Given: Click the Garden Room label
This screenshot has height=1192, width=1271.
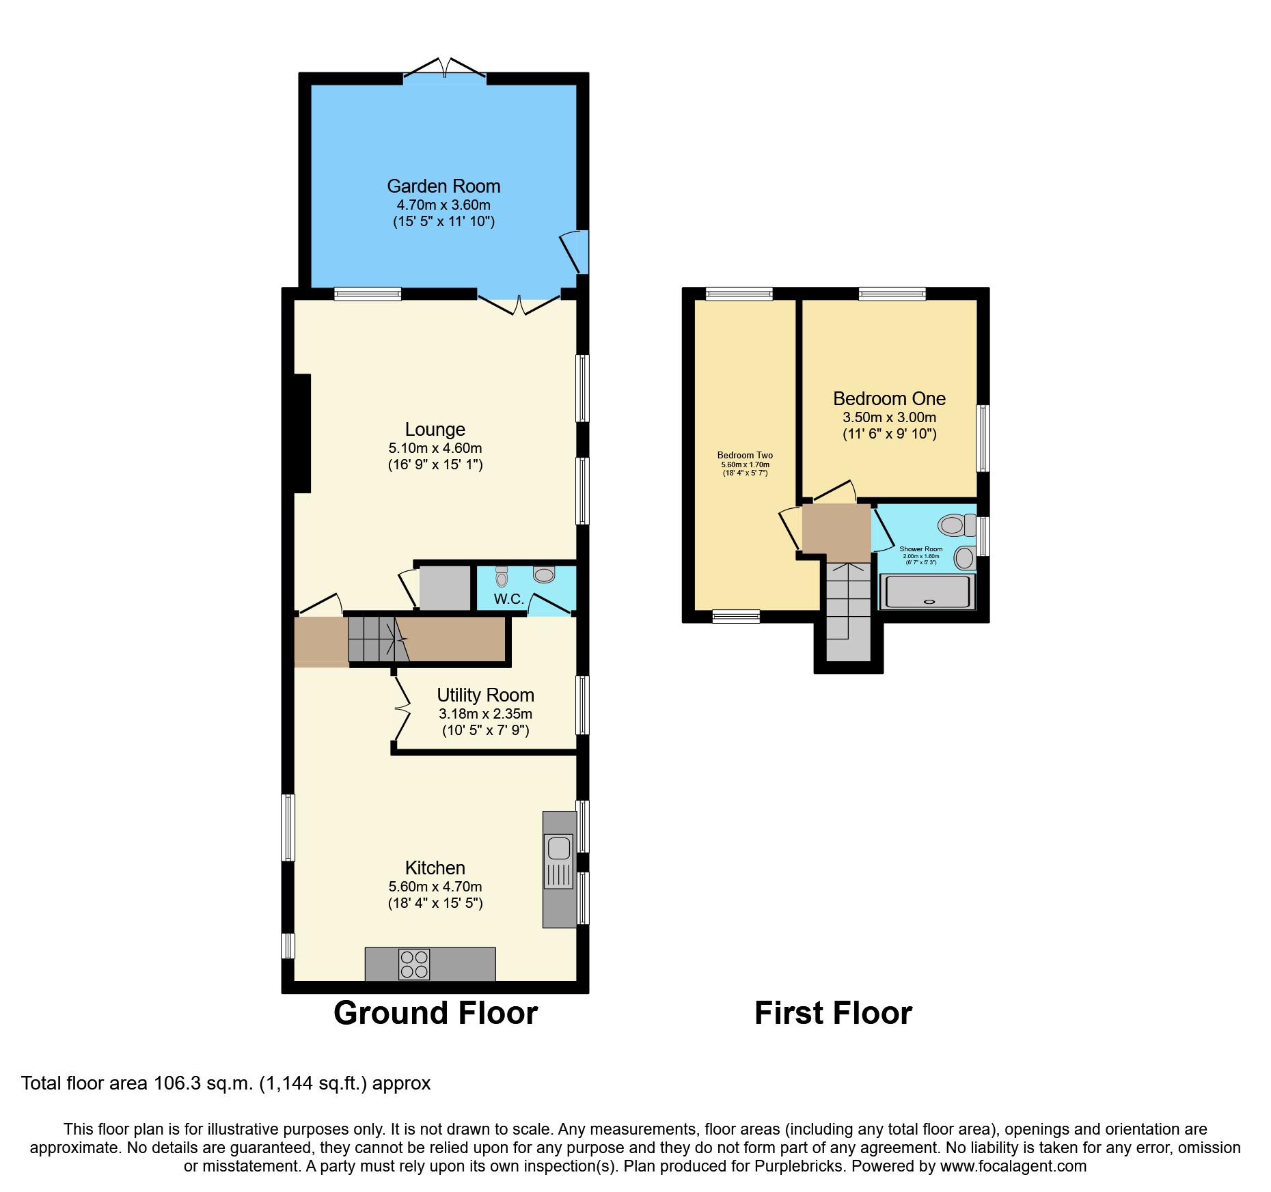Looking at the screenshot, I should (x=443, y=186).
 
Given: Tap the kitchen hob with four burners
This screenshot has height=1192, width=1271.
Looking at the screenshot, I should (x=414, y=964).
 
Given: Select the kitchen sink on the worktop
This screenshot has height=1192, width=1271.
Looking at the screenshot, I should (x=558, y=848).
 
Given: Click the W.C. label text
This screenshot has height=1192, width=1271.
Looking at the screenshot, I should (x=508, y=599).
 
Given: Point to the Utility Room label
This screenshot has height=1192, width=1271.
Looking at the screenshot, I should (x=485, y=695).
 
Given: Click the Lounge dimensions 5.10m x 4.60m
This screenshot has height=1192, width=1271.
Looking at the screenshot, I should (x=435, y=448).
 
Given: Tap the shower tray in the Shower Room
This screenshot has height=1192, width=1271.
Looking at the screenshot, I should (x=927, y=592).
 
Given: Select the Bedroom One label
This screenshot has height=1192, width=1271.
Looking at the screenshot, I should (x=889, y=399).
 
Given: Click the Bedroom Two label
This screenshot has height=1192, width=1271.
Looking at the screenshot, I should (x=745, y=455).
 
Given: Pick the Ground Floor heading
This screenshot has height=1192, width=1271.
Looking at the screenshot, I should (x=435, y=1012).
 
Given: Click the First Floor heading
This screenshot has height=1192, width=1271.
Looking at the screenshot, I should (x=833, y=1012).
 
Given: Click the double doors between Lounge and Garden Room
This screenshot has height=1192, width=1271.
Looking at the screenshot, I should (x=519, y=305).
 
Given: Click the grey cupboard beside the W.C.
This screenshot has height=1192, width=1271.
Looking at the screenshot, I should (x=444, y=587).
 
